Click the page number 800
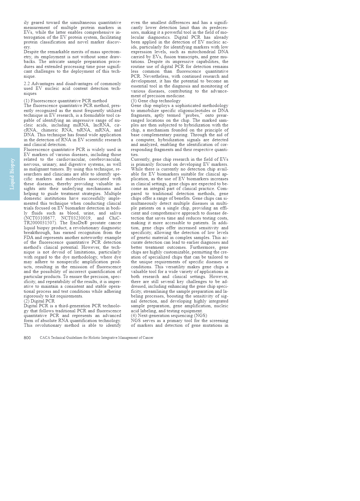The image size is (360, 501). click(27, 338)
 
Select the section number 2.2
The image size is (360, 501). click(27, 84)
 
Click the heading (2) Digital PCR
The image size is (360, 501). click(39, 301)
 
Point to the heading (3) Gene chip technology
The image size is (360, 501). click(155, 101)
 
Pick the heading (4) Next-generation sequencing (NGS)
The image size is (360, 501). click(169, 315)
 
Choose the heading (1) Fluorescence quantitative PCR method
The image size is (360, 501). click(65, 101)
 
